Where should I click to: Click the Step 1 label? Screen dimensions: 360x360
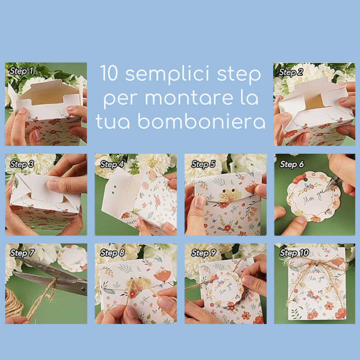click(x=22, y=71)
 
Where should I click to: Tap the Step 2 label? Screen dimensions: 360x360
click(x=291, y=72)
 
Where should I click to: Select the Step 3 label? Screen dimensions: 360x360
click(x=22, y=164)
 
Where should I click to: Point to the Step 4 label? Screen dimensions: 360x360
click(x=112, y=164)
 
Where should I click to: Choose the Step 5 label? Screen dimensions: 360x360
click(x=203, y=164)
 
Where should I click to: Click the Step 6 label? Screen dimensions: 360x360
click(x=292, y=164)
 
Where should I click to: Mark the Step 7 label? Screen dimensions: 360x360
click(x=22, y=253)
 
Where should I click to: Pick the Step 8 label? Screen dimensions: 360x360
click(x=112, y=253)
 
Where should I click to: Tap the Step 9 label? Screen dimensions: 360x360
click(x=204, y=253)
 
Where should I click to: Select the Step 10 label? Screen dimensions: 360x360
click(x=294, y=253)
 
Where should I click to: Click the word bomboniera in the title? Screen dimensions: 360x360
click(x=201, y=121)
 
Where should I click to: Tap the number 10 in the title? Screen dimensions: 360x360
click(x=109, y=73)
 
